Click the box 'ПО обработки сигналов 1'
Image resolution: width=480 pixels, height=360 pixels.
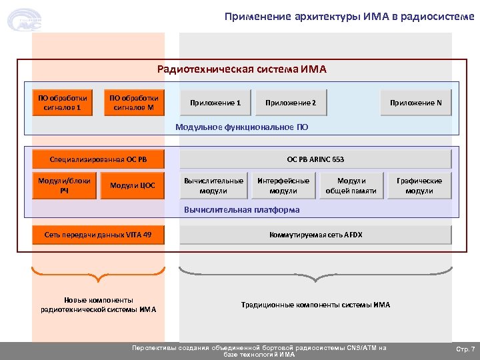[x=62, y=102]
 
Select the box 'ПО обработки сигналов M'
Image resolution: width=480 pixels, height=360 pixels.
[x=134, y=102]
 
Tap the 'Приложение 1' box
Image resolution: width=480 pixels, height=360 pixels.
[x=215, y=103]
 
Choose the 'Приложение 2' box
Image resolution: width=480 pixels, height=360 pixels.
[x=291, y=103]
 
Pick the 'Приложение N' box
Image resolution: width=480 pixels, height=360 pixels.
[x=415, y=103]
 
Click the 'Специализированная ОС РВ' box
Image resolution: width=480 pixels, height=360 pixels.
[x=98, y=159]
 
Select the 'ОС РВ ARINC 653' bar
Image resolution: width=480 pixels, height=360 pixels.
[x=315, y=159]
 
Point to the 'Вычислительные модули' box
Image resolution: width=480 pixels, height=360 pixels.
[x=213, y=185]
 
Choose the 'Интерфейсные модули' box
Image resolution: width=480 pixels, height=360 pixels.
[x=283, y=185]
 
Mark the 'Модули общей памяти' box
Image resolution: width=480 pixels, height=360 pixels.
[x=351, y=185]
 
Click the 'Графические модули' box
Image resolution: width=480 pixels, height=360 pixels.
[x=419, y=185]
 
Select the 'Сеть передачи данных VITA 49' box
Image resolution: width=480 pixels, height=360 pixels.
[x=98, y=235]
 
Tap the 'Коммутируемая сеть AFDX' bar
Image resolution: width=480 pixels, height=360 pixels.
[x=315, y=235]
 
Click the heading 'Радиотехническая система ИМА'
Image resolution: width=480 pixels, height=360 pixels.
[x=241, y=69]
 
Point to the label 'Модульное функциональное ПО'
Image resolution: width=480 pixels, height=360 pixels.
[x=241, y=126]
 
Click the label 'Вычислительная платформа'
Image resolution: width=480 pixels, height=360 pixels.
[x=241, y=209]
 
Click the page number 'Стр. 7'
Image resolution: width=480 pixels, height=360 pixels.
[x=465, y=349]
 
